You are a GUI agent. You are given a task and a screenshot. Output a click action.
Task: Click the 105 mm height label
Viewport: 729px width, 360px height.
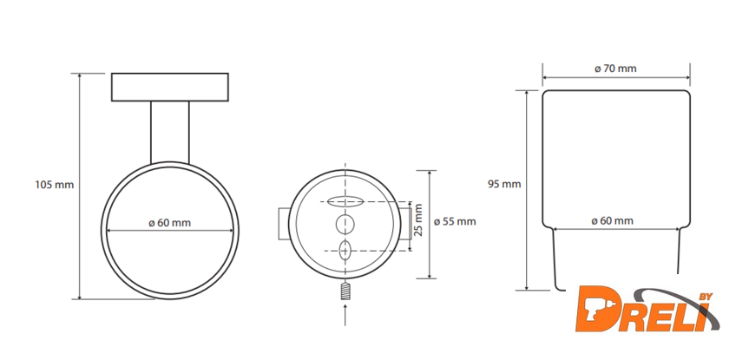pos(55,185)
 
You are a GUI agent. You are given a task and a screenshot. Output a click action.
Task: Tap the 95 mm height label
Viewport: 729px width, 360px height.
pos(504,184)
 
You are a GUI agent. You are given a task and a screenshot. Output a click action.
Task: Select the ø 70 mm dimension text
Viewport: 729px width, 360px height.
pos(615,69)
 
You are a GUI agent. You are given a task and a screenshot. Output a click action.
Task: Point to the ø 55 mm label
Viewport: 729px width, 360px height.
pos(455,221)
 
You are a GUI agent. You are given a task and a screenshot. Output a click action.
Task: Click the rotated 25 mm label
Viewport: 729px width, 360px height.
pos(418,220)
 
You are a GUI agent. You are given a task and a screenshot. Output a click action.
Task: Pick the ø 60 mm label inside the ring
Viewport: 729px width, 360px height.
pos(170,222)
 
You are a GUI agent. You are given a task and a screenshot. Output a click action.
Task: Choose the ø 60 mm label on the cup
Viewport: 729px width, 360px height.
pos(613,220)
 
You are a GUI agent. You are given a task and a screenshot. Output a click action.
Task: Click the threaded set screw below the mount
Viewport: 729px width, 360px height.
pos(345,291)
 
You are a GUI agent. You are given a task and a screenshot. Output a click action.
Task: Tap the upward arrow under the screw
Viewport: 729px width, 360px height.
pos(345,316)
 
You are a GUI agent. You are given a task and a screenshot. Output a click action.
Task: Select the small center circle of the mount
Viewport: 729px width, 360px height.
pos(345,225)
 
